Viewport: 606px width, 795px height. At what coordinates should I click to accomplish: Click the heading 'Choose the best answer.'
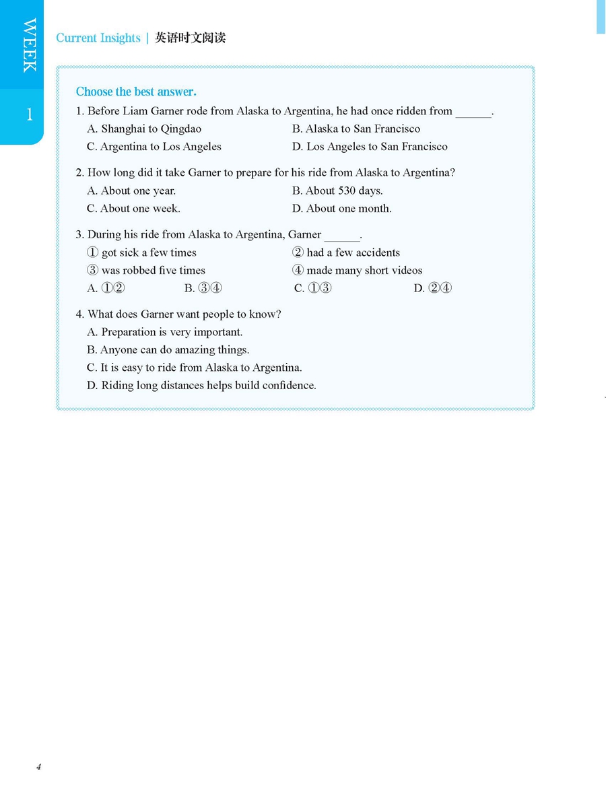point(136,92)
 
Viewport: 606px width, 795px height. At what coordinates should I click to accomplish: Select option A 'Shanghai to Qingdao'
point(144,129)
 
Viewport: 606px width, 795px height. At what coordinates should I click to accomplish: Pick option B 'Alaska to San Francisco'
point(356,129)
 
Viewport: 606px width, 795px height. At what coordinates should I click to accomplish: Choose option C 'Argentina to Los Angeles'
point(154,146)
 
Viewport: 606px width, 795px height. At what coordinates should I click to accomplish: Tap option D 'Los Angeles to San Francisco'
point(370,146)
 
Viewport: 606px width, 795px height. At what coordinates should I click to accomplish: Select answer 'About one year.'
point(131,191)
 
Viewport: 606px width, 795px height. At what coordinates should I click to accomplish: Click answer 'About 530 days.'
point(337,191)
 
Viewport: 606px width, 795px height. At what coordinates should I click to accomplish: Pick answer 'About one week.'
point(133,208)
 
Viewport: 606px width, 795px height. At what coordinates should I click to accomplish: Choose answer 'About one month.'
point(342,208)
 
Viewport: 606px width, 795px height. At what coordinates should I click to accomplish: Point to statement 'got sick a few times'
point(141,252)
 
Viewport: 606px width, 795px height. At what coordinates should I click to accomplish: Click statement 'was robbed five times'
point(146,270)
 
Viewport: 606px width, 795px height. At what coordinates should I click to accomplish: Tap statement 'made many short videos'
point(358,270)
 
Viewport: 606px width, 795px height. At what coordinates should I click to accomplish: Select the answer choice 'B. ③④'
point(203,288)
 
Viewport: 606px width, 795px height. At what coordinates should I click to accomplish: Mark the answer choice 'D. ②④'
point(432,288)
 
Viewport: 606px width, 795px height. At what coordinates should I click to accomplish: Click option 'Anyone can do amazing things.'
point(168,349)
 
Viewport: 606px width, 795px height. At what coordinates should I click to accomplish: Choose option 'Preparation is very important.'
point(165,332)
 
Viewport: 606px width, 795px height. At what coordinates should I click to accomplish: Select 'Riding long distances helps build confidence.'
point(201,385)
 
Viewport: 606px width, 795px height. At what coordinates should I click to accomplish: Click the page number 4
point(39,767)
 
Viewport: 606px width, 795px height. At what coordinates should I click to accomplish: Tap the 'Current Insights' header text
point(98,38)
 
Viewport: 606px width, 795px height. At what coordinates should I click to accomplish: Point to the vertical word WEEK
point(30,45)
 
